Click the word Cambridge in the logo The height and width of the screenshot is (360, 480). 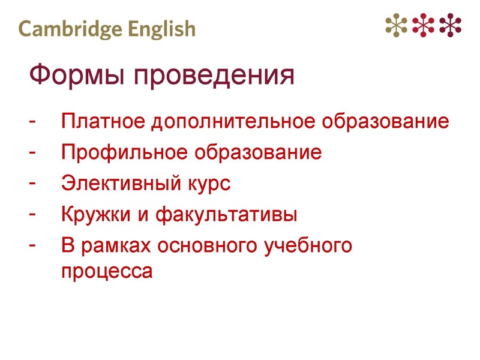click(67, 29)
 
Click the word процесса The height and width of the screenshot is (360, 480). click(107, 271)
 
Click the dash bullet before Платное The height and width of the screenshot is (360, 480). click(32, 121)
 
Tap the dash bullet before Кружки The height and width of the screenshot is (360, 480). click(32, 213)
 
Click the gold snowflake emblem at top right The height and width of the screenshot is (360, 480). click(396, 25)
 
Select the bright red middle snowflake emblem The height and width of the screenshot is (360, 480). click(424, 25)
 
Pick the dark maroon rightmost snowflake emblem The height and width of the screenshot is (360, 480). click(451, 25)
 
